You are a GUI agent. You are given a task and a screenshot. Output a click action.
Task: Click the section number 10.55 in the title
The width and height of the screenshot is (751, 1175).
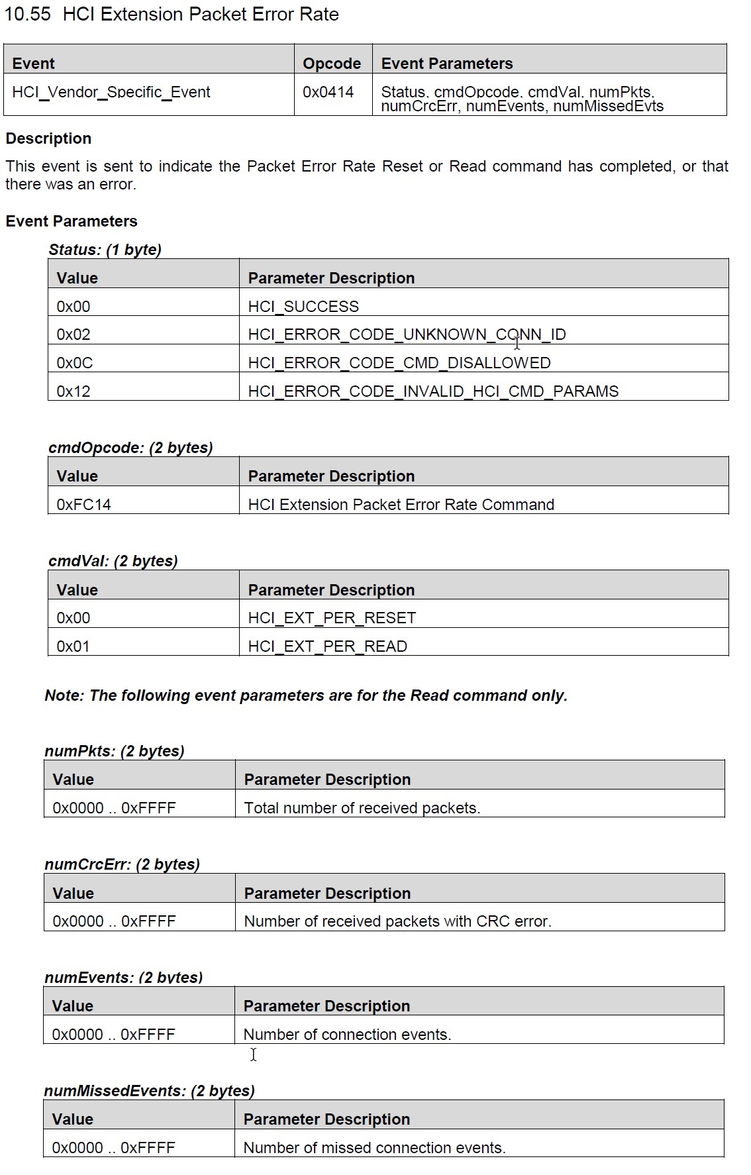(27, 15)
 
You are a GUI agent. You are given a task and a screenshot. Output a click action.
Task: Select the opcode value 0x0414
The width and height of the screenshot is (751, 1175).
(328, 92)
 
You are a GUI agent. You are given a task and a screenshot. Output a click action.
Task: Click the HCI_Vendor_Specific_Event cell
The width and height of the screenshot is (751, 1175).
(111, 92)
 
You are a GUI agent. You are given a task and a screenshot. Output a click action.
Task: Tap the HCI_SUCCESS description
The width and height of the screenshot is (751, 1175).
(303, 307)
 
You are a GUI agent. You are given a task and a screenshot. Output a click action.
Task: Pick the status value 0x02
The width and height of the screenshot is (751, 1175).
(74, 334)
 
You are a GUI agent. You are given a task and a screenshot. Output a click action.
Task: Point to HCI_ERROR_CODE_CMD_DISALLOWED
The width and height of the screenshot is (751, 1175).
(399, 363)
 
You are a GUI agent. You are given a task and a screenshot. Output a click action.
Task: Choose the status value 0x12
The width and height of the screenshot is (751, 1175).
(74, 391)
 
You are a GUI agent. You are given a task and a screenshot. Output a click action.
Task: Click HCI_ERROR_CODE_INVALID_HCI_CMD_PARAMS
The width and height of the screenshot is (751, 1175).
(432, 391)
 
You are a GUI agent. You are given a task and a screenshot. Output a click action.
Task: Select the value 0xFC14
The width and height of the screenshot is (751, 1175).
(83, 505)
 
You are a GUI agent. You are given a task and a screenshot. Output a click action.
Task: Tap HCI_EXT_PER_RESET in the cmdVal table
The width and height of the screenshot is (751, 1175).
(332, 618)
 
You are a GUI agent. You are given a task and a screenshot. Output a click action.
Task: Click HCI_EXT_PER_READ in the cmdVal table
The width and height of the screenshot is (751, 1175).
(327, 646)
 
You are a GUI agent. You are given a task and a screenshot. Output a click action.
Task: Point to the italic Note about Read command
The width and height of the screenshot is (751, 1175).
(306, 695)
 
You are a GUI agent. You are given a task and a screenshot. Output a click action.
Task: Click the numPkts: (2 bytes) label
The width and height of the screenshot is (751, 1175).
(114, 751)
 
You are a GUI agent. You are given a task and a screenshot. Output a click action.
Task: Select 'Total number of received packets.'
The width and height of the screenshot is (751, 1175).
(362, 808)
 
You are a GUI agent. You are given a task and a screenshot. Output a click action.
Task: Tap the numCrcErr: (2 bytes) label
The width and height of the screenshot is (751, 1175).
(122, 864)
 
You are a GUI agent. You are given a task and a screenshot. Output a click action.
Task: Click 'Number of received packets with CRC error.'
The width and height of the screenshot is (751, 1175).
(397, 921)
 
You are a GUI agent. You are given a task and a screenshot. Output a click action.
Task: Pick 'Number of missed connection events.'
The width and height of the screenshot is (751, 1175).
(374, 1148)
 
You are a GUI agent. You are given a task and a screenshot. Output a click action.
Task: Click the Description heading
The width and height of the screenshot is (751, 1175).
(48, 138)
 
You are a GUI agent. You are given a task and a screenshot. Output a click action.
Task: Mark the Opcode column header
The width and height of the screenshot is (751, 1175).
(332, 64)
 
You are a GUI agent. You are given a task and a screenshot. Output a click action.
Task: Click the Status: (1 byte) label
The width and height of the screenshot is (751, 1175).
(105, 250)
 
